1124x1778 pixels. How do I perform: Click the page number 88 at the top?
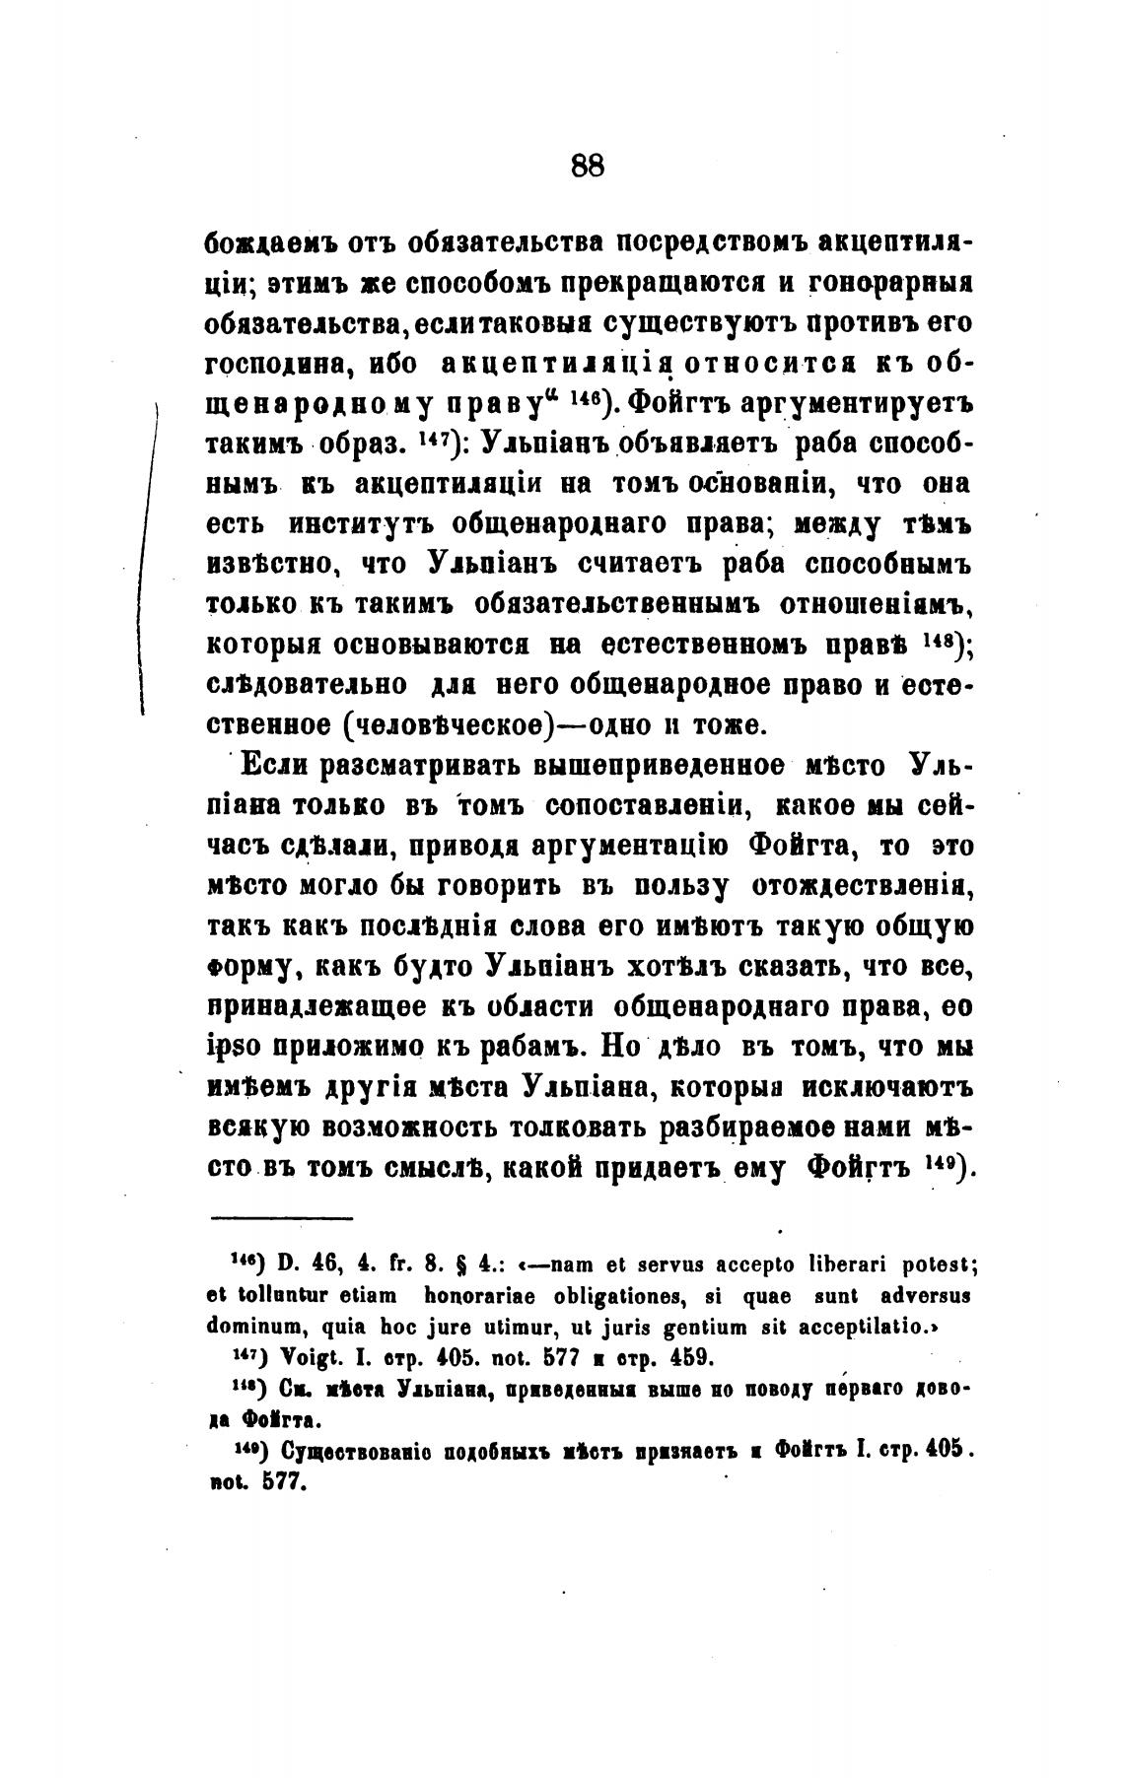[587, 165]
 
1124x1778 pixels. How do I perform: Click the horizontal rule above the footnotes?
[282, 1219]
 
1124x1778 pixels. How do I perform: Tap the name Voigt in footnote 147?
[293, 1356]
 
